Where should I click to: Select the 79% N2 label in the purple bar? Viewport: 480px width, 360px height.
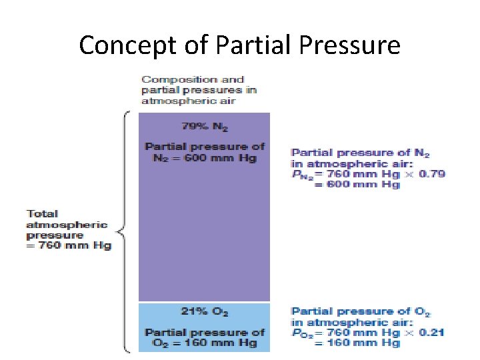pos(204,125)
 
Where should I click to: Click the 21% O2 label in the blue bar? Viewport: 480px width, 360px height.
pos(204,311)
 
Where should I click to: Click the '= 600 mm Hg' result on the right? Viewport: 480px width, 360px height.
pos(357,185)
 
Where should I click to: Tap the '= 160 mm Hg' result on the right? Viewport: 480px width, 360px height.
pos(357,343)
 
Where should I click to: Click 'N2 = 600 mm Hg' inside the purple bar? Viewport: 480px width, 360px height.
pos(204,158)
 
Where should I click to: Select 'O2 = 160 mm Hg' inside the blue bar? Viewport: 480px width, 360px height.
pos(204,343)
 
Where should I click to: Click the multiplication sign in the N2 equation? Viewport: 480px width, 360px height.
pos(408,174)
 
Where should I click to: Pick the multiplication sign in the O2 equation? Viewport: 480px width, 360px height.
pos(408,332)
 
